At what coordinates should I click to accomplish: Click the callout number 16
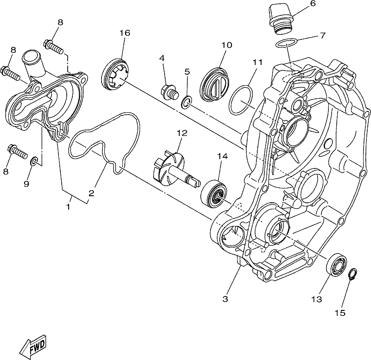click(x=125, y=33)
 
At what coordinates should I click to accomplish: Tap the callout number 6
click(x=313, y=4)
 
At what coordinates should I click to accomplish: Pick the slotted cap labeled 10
click(x=215, y=85)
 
